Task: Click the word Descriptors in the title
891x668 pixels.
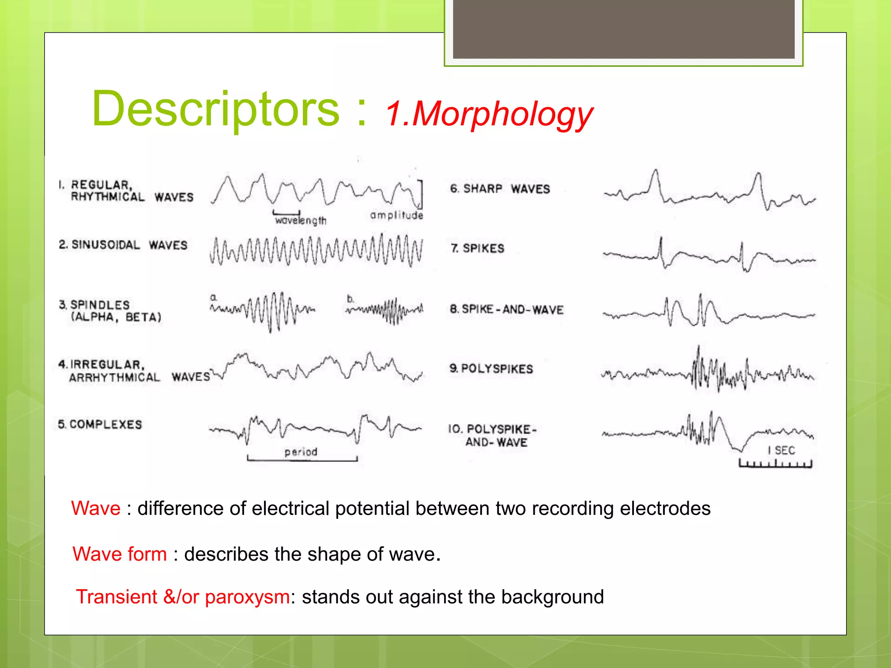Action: (215, 109)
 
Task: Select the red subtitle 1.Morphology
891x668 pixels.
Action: (489, 114)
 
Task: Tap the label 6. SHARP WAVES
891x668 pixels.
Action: (500, 189)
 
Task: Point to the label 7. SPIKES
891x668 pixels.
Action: (477, 248)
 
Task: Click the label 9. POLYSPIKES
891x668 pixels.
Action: (491, 369)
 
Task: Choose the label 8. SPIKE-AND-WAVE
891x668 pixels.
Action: (506, 310)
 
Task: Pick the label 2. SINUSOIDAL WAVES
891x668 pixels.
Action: (123, 245)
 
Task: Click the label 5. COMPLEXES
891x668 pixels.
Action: (100, 424)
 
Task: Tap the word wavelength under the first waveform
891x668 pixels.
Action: (300, 220)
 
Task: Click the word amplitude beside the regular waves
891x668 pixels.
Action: (396, 215)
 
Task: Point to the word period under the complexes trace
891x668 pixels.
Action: (301, 452)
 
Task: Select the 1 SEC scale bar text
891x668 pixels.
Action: (781, 451)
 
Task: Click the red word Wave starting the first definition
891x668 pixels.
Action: (96, 508)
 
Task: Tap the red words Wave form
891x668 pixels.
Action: (120, 554)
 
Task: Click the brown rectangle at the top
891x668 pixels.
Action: (623, 29)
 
